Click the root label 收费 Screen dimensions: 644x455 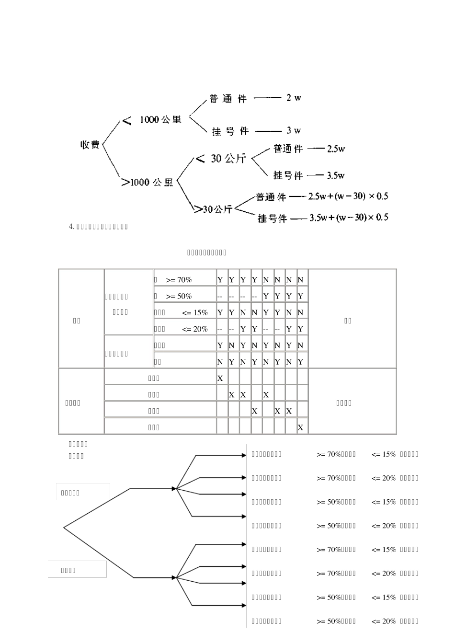(x=90, y=144)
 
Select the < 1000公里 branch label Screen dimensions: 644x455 (x=152, y=120)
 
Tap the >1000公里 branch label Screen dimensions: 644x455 (x=147, y=182)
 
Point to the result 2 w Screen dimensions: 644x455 (x=294, y=98)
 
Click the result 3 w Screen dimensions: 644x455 (x=294, y=130)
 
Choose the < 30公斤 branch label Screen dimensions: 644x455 (x=221, y=158)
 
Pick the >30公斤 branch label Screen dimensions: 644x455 (x=213, y=209)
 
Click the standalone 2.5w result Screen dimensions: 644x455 (x=336, y=149)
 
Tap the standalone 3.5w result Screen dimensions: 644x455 (x=336, y=175)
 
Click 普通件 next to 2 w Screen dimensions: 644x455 (x=228, y=99)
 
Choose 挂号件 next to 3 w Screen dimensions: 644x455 (x=230, y=131)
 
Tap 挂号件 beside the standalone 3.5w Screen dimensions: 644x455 (x=288, y=176)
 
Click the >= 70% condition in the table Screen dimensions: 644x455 (x=179, y=280)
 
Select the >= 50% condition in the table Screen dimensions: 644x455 (x=179, y=296)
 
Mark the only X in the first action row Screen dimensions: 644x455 (x=220, y=378)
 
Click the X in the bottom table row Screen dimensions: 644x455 (x=300, y=427)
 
